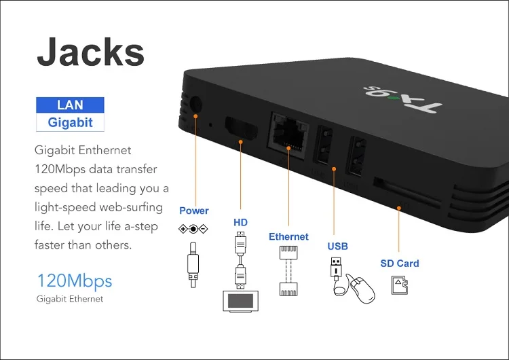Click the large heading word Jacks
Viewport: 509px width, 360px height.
(90, 52)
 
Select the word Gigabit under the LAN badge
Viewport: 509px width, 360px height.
(70, 123)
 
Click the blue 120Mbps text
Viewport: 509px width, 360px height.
(74, 281)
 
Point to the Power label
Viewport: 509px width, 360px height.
(194, 211)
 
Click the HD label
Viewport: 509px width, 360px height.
(241, 222)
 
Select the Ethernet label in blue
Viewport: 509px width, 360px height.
(288, 237)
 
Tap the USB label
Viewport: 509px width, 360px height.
(337, 246)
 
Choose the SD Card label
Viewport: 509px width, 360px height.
(399, 264)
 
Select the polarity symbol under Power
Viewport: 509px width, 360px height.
(193, 229)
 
